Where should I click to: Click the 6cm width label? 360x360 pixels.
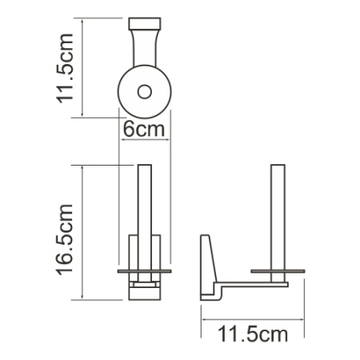tap(145, 127)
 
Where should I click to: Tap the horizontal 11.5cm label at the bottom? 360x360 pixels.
tap(253, 334)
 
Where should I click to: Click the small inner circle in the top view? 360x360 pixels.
tap(145, 90)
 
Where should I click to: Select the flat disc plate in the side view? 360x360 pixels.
tap(278, 271)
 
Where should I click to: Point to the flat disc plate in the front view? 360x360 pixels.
tap(145, 271)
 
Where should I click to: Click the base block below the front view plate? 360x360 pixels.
tap(145, 288)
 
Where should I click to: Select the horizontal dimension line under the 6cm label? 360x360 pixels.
tap(145, 140)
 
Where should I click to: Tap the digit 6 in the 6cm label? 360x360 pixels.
tap(130, 127)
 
